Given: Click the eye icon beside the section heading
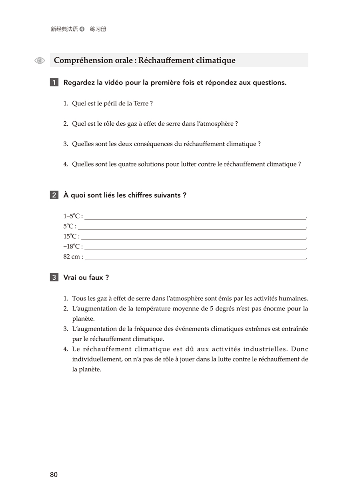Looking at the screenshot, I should tap(40, 60).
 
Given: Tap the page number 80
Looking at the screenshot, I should tap(54, 475).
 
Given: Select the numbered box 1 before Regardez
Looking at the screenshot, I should tap(54, 83).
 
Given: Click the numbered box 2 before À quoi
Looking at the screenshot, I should tap(54, 195).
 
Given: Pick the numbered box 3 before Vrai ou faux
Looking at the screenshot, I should tap(54, 277).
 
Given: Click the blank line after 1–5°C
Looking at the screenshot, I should tap(195, 218).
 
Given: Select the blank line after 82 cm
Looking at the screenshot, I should tap(195, 259).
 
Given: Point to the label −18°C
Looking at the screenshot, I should tap(73, 247).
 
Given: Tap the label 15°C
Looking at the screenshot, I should tap(71, 237).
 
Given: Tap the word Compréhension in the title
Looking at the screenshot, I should tap(83, 60).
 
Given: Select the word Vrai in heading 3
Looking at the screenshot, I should tap(71, 277).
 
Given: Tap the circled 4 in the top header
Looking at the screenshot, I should tap(82, 29).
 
